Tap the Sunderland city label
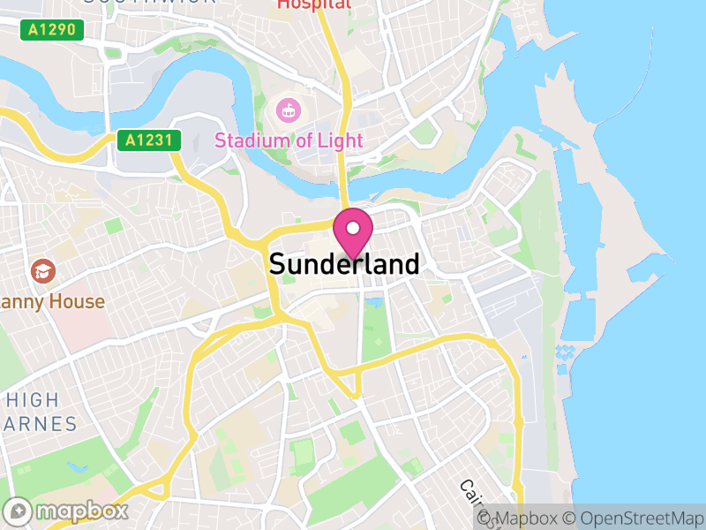tap(344, 264)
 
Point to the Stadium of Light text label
tap(289, 140)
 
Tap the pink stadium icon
tap(288, 110)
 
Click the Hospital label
tap(313, 4)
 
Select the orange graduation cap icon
tap(41, 271)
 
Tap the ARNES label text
tap(40, 424)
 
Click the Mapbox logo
tap(66, 511)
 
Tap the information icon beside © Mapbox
tap(484, 519)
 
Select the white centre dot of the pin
tap(353, 228)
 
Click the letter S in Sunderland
tap(277, 264)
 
